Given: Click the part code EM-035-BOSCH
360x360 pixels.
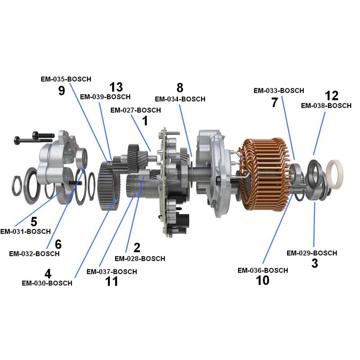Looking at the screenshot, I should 66,79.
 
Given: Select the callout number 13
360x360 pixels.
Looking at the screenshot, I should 116,87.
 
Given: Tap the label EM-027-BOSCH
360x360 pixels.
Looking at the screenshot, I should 135,110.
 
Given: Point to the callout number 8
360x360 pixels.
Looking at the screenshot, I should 180,87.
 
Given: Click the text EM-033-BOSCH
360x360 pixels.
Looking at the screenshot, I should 279,90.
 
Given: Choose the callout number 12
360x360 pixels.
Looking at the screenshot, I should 332,95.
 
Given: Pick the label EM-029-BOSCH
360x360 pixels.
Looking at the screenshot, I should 311,253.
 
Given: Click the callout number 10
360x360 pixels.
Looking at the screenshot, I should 262,280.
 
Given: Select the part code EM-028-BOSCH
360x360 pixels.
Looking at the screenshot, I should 139,259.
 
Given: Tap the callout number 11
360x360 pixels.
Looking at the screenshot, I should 112,282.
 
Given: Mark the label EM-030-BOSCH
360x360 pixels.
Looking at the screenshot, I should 47,283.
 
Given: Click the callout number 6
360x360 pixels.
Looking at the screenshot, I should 58,244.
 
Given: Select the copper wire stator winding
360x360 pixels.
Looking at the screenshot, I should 261,175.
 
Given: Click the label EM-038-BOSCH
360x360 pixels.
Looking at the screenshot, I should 326,106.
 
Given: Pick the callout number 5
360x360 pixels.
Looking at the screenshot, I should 34,222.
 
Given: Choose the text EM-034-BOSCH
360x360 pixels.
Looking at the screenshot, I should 180,99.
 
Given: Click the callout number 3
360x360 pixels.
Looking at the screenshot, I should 315,264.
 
